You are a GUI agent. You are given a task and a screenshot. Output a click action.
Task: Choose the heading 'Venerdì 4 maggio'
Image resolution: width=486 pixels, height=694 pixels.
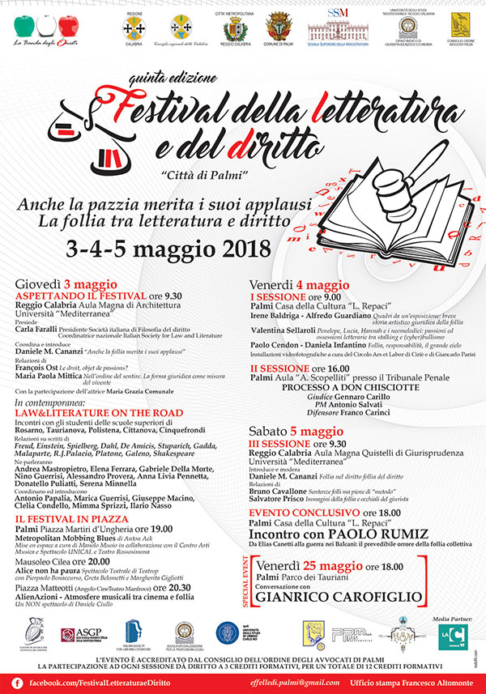(x=299, y=285)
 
